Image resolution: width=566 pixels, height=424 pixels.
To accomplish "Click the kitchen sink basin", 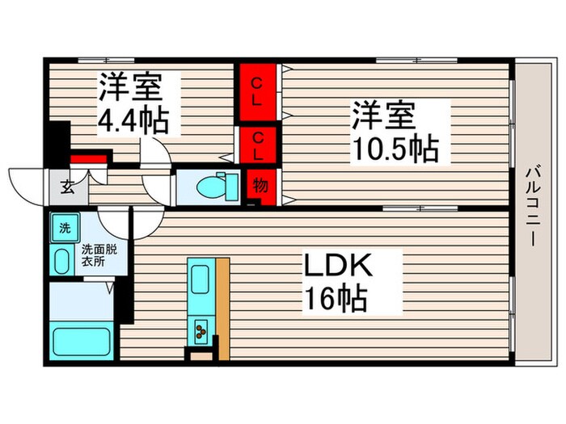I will [x=199, y=280].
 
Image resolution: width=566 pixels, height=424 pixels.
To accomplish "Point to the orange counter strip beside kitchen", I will [x=222, y=307].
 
